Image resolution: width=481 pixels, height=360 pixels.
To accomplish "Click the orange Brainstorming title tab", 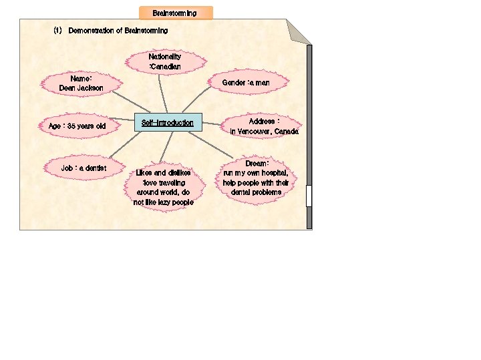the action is (175, 13).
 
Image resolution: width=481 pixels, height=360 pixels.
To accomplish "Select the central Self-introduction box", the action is (167, 123).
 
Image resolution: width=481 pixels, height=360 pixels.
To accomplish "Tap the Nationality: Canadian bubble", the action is (165, 62).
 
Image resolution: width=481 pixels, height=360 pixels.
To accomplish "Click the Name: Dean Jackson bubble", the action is (81, 83).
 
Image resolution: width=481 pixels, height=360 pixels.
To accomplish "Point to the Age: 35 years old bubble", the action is (77, 126).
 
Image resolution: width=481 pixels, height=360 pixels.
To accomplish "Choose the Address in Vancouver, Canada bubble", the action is (264, 126).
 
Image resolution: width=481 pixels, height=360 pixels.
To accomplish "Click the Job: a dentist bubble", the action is (84, 168).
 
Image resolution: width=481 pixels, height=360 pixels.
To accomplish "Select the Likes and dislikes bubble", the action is (163, 187).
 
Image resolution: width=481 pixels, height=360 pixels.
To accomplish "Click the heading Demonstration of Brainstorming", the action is (118, 31).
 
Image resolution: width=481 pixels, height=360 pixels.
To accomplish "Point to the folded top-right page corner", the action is (299, 31).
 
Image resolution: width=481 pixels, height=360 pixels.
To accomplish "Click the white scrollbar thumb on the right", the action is (309, 196).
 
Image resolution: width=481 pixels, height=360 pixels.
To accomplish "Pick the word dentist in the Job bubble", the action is (94, 168).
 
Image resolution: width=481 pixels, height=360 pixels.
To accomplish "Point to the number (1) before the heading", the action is (57, 31).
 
